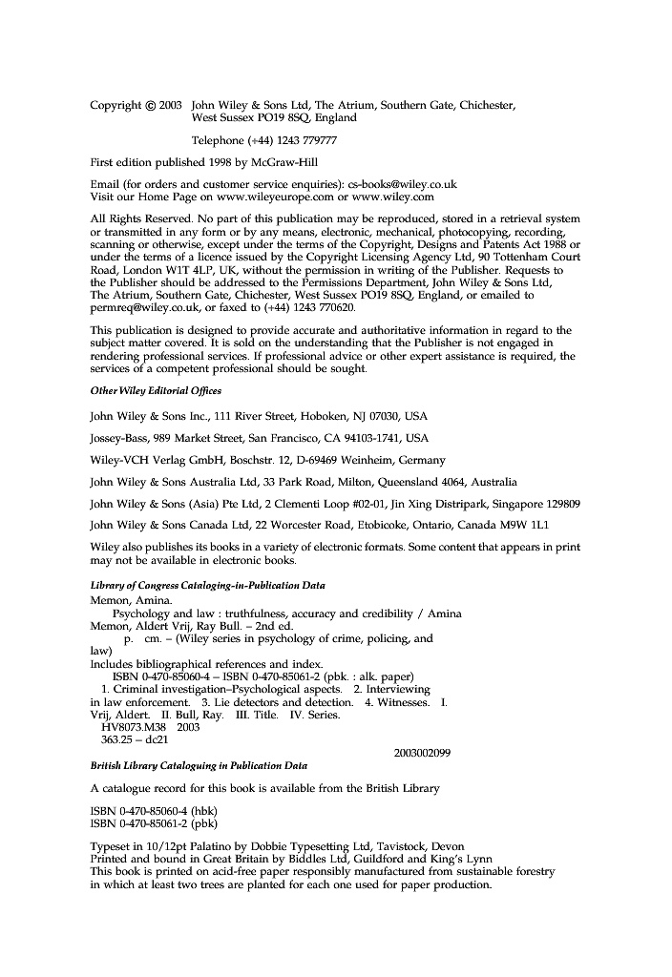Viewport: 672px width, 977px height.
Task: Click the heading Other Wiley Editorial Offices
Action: [x=156, y=391]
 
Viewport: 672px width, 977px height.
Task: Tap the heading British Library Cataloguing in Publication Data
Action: [x=199, y=765]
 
